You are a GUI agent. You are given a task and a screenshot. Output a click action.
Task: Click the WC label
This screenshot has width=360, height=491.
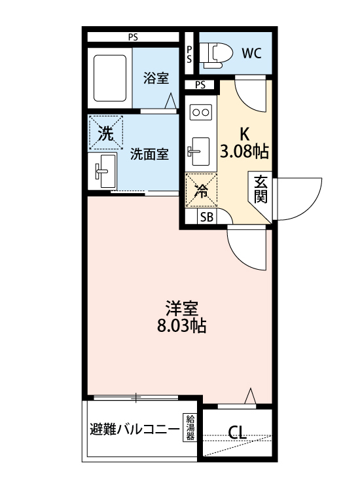251,54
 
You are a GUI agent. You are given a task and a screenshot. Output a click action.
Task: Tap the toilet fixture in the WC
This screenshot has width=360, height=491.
217,56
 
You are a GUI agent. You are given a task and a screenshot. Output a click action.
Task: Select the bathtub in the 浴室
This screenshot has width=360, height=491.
110,79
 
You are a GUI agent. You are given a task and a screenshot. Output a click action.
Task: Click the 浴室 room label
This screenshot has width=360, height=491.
156,78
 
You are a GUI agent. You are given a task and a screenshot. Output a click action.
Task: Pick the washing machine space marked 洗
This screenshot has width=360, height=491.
106,133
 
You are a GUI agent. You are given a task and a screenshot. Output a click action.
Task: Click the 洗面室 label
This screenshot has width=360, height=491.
150,154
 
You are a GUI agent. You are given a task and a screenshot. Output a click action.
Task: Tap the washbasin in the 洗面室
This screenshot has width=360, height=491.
103,171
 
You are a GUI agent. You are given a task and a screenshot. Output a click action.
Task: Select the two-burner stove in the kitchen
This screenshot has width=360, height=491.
201,112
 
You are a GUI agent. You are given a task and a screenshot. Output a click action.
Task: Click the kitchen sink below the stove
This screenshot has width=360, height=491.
199,151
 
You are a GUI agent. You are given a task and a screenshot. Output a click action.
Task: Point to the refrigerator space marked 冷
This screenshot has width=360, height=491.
202,191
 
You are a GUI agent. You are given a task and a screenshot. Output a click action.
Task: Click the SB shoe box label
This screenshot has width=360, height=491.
207,217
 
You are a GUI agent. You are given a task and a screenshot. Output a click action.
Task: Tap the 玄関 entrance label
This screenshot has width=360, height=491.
261,190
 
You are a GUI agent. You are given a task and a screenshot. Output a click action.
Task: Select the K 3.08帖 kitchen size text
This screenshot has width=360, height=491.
245,143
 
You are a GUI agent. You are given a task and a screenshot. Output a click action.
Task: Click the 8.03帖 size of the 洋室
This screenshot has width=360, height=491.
181,326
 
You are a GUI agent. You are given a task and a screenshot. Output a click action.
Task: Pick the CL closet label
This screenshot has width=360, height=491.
237,433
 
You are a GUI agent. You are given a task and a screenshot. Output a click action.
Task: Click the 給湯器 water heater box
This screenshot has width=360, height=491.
190,427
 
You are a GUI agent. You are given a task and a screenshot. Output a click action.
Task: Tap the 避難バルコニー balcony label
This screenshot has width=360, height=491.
135,429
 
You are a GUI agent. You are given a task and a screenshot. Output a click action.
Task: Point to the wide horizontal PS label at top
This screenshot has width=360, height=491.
133,37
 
